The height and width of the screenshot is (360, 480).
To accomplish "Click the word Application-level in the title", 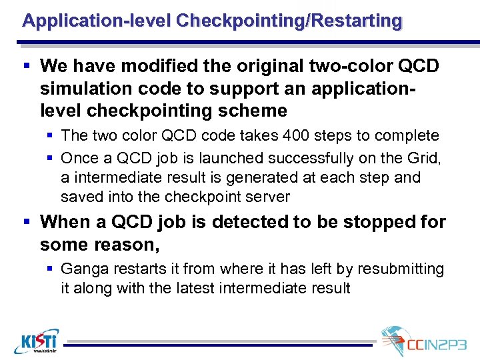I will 97,21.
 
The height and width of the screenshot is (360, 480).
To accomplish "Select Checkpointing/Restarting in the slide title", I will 289,21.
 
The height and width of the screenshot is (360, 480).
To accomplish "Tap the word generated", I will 243,177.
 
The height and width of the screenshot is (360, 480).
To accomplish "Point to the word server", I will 267,197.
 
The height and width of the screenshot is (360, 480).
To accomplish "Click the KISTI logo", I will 36,341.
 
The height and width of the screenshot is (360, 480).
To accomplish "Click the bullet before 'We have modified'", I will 27,66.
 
